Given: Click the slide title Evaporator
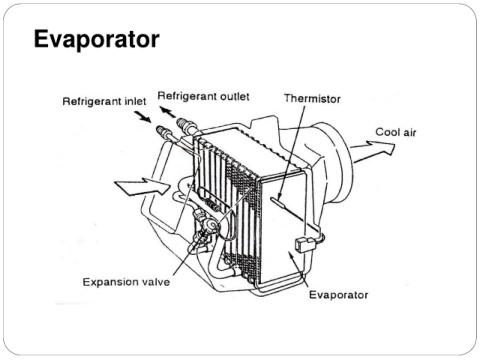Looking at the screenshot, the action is click(x=97, y=40).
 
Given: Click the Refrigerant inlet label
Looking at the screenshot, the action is click(x=104, y=101).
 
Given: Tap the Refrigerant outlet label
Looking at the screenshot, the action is click(x=203, y=96).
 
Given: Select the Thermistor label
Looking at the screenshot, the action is click(x=312, y=99).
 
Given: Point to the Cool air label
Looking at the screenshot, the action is click(x=396, y=132).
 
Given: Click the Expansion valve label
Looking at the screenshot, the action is click(x=126, y=282).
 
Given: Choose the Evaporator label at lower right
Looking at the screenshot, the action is click(x=339, y=295).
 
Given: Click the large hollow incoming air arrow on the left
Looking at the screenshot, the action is click(x=142, y=187).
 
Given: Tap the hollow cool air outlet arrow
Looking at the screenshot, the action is click(x=373, y=151).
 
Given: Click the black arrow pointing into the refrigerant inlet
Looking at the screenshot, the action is click(x=143, y=117).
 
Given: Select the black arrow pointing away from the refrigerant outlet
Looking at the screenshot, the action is click(x=168, y=112).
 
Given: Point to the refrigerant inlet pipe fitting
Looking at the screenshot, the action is click(x=163, y=131).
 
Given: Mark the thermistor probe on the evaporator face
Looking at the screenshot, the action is click(x=278, y=201).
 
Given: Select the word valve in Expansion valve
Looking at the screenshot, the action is click(x=156, y=282).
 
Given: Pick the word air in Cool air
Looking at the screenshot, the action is click(x=410, y=132).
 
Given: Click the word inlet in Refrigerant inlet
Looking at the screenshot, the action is click(x=135, y=101).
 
